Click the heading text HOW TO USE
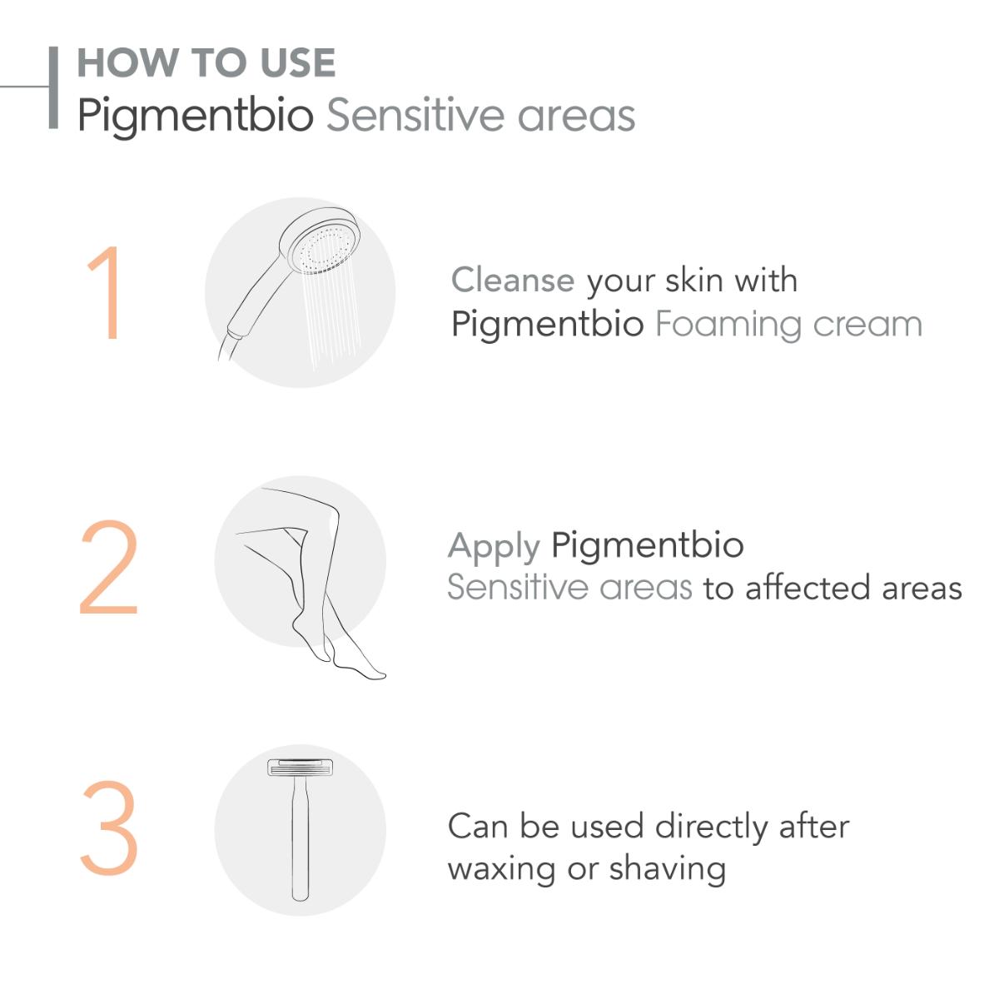point(206,62)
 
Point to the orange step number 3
point(109,828)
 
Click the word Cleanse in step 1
point(513,280)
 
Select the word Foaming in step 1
point(728,326)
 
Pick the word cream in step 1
point(867,326)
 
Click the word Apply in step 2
point(494,548)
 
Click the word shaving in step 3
point(667,869)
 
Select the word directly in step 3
point(710,828)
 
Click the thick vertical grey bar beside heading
point(53,87)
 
